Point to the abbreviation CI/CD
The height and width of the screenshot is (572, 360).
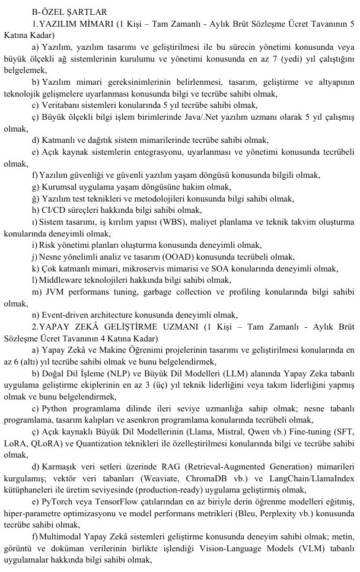tap(53, 210)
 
